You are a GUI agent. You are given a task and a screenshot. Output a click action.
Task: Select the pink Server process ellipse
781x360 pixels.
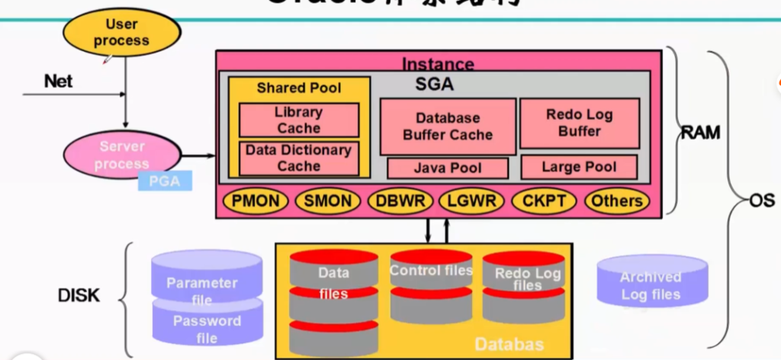point(122,155)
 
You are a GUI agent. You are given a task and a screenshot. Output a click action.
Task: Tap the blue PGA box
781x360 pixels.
point(165,181)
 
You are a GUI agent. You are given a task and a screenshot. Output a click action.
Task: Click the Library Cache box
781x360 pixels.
point(298,121)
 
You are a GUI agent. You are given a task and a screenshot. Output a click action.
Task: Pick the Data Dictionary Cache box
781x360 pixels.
point(298,158)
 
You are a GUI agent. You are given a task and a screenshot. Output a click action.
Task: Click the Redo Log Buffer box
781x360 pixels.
point(579,123)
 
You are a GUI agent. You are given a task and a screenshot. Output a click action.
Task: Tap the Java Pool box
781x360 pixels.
point(447,168)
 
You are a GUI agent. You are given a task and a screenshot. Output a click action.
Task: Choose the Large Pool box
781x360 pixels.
point(579,167)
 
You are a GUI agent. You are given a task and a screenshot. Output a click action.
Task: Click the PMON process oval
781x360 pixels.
point(256,201)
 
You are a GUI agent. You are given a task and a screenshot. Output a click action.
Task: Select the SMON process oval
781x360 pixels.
point(327,201)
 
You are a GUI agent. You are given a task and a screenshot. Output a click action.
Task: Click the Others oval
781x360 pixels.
point(617,201)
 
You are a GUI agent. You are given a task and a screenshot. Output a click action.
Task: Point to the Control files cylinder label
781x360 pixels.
point(431,271)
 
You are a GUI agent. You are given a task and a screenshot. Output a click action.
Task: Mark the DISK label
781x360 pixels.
point(79,295)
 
